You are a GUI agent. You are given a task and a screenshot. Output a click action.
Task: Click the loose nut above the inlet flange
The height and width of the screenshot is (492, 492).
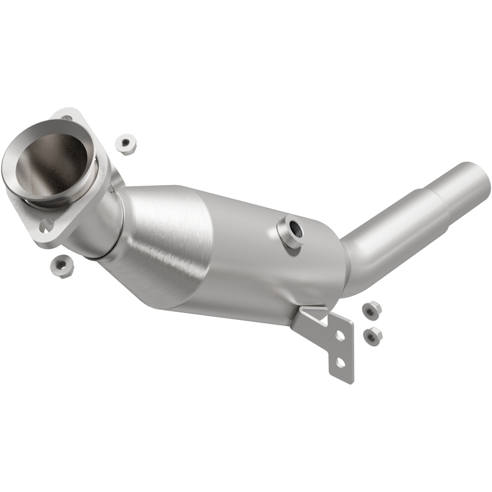click(x=125, y=142)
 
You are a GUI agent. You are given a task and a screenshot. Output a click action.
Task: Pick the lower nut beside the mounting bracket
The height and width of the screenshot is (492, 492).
click(x=371, y=335)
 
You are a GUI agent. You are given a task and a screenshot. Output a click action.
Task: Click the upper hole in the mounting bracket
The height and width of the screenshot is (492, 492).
click(x=338, y=335)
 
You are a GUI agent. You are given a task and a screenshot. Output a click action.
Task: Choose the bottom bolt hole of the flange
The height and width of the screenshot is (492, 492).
click(x=46, y=227)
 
